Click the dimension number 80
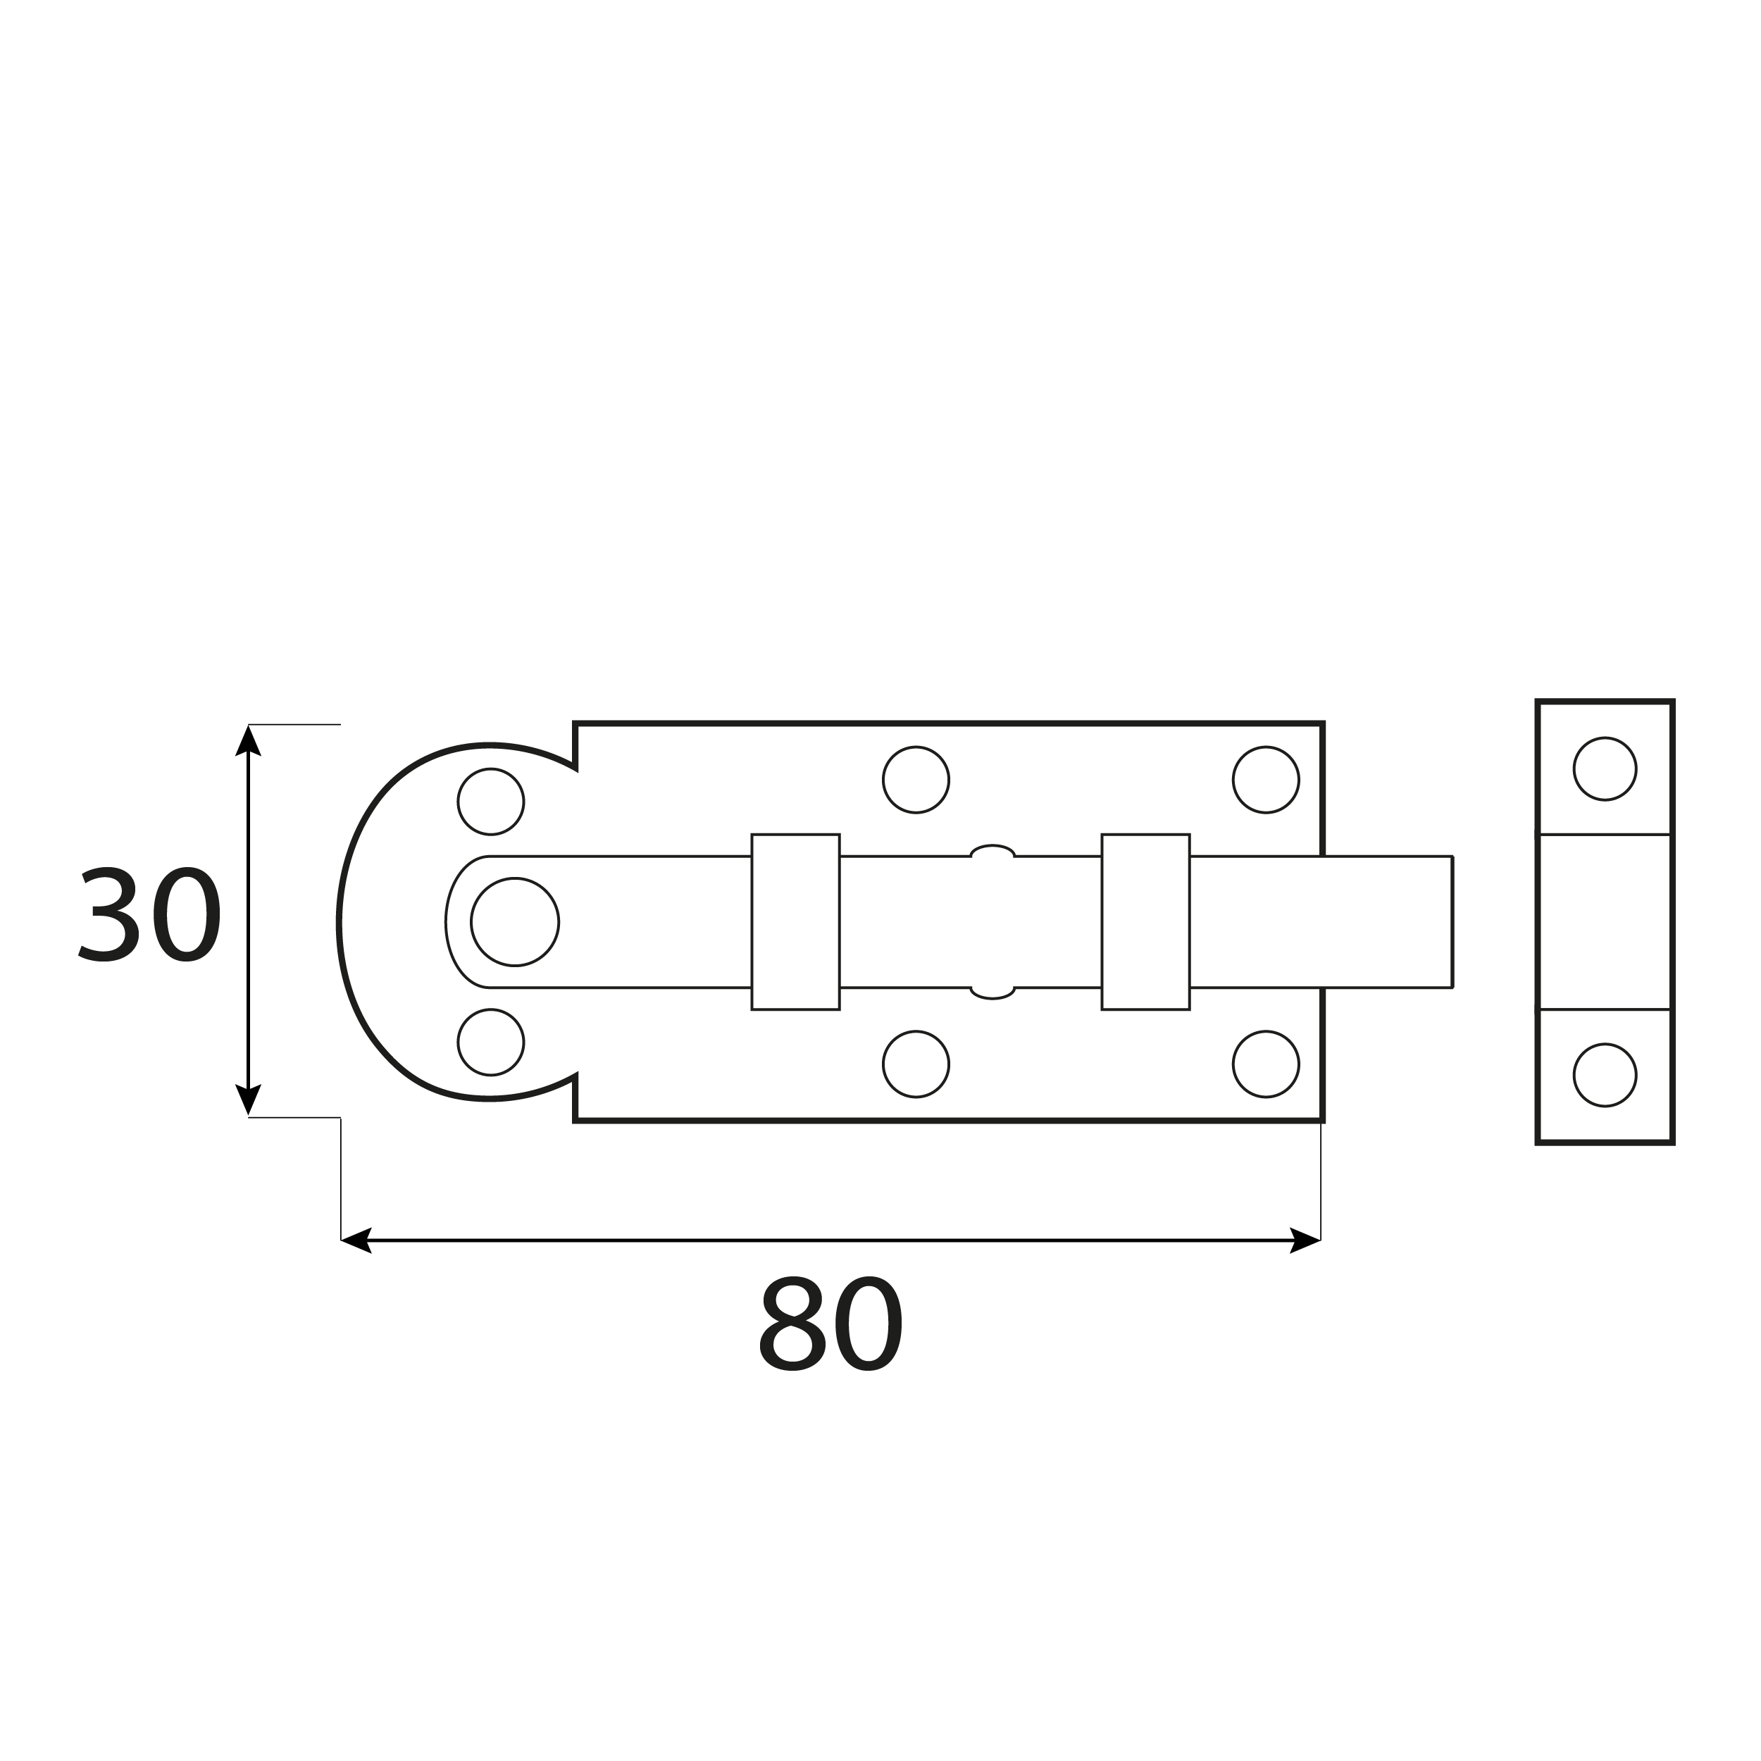pyautogui.click(x=831, y=1324)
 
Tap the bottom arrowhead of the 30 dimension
pyautogui.click(x=248, y=1100)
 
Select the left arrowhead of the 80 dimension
pyautogui.click(x=356, y=1240)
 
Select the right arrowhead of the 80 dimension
pyautogui.click(x=1305, y=1240)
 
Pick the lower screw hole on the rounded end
pyautogui.click(x=490, y=1042)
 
